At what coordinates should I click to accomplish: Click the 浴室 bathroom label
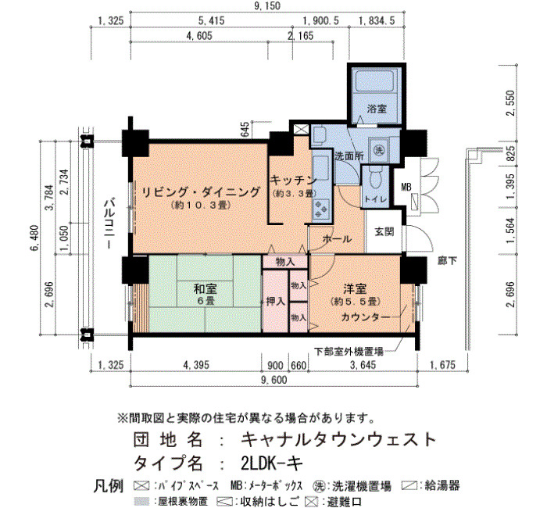point(377,109)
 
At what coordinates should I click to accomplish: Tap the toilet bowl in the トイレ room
point(375,179)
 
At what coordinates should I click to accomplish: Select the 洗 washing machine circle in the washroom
point(378,150)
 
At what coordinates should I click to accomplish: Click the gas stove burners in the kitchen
point(321,208)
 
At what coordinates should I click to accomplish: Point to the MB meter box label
point(406,188)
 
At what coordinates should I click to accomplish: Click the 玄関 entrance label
point(384,231)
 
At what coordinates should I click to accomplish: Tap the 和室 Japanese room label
point(205,288)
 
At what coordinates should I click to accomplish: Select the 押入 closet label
point(276,302)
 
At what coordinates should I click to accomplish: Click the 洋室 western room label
point(355,289)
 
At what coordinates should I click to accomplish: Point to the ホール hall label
point(337,239)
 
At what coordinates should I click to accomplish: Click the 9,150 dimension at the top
point(268,5)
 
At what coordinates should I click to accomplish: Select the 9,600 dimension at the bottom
point(273,380)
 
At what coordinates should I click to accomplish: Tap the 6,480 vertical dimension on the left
point(35,238)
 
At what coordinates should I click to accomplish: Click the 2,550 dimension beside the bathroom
point(511,102)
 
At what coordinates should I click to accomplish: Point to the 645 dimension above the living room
point(245,129)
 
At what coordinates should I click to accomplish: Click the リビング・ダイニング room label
point(201,192)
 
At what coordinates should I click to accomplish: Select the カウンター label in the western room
point(365,317)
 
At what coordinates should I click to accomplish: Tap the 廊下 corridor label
point(447,260)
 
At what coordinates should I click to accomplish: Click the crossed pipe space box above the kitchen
point(302,130)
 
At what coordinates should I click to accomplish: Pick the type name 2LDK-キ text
point(271,463)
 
